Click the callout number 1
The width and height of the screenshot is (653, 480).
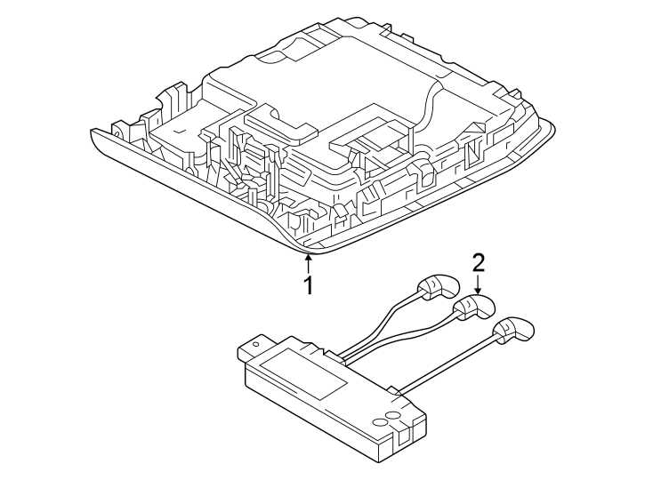309,285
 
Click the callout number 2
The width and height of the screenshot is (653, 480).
479,262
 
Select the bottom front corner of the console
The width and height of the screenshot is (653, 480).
307,249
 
